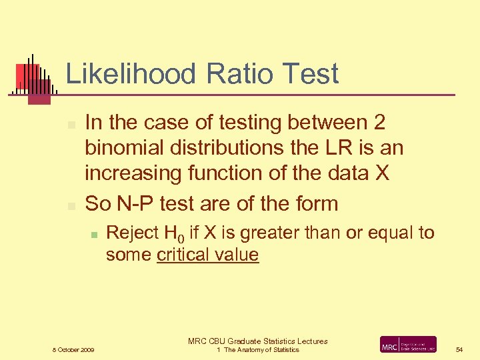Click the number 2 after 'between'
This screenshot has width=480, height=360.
tap(379, 123)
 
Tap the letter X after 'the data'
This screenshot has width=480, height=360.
tap(381, 173)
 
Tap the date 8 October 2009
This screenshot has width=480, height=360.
tap(73, 350)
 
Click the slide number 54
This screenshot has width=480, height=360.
tap(459, 349)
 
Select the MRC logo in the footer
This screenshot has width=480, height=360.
tap(408, 345)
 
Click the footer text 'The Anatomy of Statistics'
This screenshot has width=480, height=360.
tap(261, 350)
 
